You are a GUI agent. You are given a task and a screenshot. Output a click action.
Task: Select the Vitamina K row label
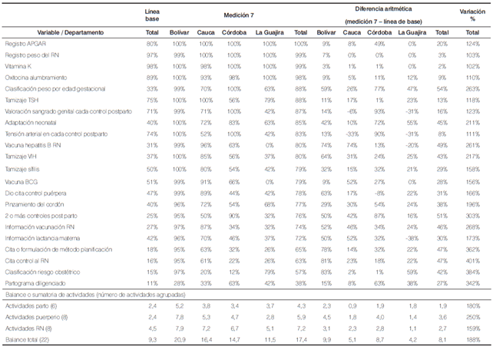[17, 67]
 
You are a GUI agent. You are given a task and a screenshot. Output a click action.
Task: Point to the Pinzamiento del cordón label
[32, 205]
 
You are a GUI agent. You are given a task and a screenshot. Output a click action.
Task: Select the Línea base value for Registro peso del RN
[152, 56]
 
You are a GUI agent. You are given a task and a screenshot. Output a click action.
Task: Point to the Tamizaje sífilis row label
[23, 167]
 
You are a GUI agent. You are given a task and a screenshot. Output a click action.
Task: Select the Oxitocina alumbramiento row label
[31, 78]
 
